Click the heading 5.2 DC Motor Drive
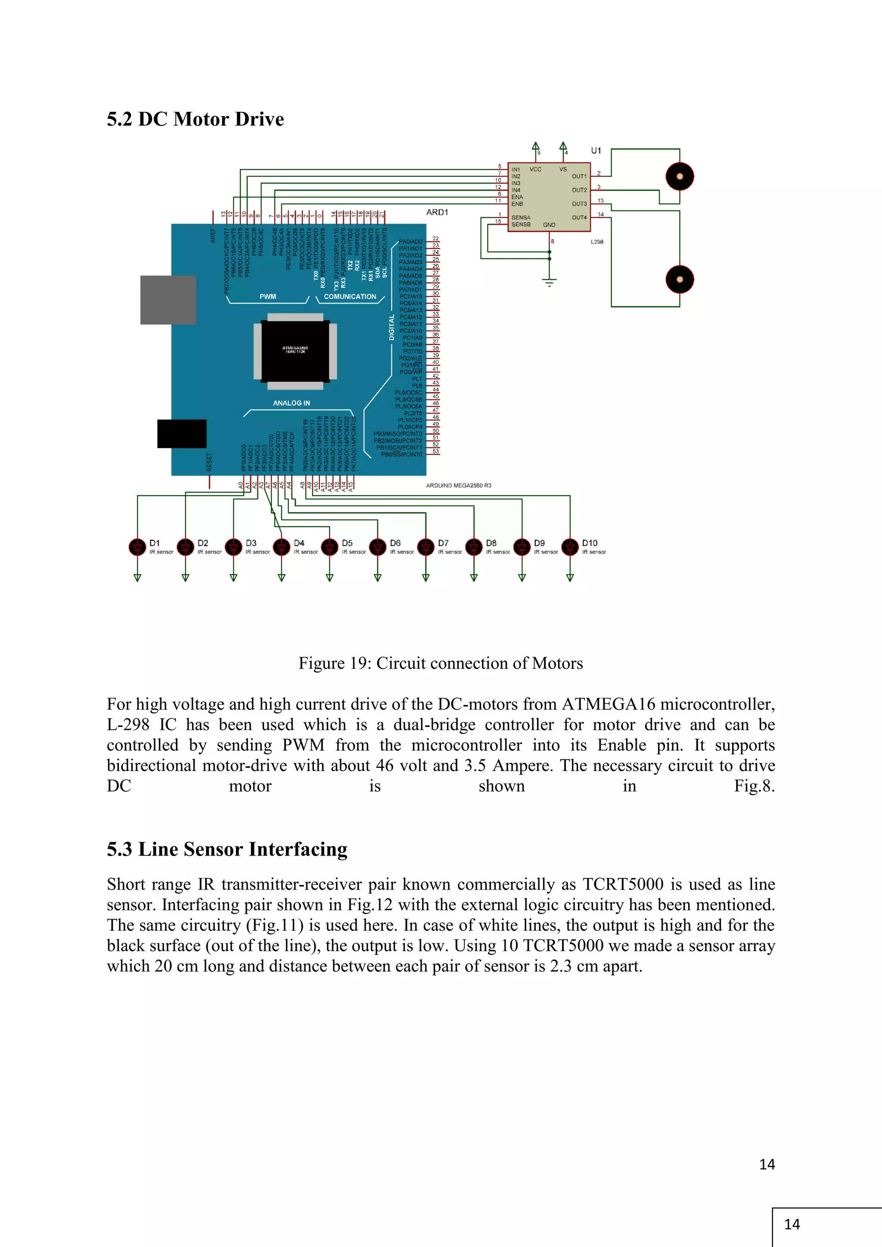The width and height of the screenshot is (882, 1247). click(x=195, y=119)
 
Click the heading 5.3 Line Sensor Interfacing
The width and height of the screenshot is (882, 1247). click(x=227, y=849)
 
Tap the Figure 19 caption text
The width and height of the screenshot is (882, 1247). click(x=441, y=663)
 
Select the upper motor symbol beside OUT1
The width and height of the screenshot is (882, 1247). click(x=680, y=177)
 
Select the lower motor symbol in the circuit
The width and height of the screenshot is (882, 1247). click(x=680, y=279)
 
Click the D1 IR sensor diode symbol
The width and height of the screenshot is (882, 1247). click(x=137, y=547)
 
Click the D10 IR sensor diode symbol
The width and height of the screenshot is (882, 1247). click(x=570, y=547)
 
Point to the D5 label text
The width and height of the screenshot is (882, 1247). click(x=347, y=543)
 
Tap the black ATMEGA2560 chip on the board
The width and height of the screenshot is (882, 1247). click(x=295, y=351)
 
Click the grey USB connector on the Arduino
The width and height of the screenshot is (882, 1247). click(x=168, y=300)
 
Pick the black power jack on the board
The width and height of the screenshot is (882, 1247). click(x=181, y=434)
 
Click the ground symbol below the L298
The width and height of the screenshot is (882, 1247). click(x=549, y=282)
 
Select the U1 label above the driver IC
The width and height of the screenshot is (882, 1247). click(x=596, y=150)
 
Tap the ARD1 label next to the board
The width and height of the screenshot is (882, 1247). click(x=437, y=212)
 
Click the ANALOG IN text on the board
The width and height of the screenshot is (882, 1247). click(x=291, y=403)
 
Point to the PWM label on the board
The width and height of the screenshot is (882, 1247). click(x=268, y=297)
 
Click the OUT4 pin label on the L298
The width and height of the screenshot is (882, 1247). click(x=579, y=218)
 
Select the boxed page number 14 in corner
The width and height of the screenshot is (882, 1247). click(x=792, y=1224)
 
